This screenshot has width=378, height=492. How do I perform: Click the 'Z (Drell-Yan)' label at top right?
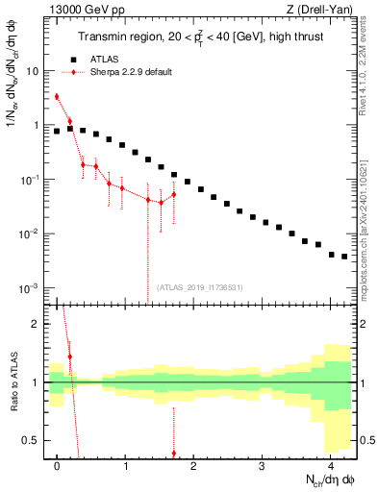(322, 11)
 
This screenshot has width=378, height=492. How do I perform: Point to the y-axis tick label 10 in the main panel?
(33, 71)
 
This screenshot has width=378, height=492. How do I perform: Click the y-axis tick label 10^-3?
(30, 288)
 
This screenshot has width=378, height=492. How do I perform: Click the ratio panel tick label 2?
(37, 324)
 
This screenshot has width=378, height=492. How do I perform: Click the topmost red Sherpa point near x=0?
(57, 96)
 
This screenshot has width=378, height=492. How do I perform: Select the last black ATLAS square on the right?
(344, 257)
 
